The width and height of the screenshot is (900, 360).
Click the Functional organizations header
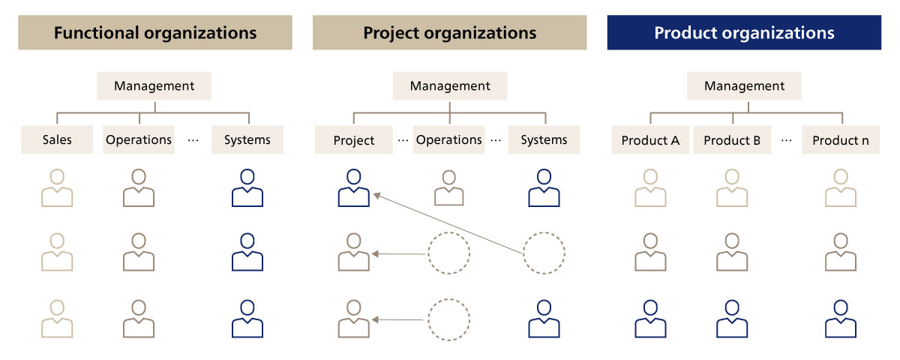point(155,32)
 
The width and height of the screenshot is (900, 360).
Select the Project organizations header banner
point(449,32)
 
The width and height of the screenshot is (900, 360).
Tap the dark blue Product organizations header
point(744,32)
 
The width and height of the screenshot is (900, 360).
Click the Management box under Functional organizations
point(154,86)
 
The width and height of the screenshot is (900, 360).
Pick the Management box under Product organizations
point(744,86)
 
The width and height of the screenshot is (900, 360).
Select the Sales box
point(57,139)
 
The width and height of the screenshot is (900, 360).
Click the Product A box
point(650,139)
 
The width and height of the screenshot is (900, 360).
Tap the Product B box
point(732,139)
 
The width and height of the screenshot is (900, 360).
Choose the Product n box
point(841,139)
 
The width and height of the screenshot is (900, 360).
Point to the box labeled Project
point(353,139)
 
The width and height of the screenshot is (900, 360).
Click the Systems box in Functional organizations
point(247,139)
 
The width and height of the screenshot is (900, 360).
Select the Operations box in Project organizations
point(448,139)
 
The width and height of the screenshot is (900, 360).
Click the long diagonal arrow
point(448,223)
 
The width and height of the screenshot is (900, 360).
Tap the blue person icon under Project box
point(353,187)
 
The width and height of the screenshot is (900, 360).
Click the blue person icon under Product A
point(650,319)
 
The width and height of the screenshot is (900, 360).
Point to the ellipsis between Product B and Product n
point(786,141)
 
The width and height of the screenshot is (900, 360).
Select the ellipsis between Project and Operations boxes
point(403,141)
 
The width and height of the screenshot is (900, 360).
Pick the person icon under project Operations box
point(448,187)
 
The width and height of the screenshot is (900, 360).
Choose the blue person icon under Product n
point(841,319)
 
